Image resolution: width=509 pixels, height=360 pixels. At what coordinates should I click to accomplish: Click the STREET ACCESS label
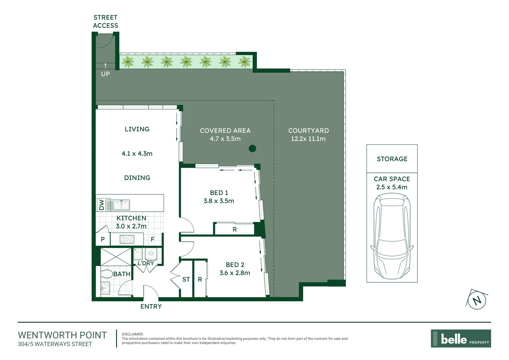pyautogui.click(x=105, y=21)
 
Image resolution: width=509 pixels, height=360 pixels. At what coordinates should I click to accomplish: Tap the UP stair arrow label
pyautogui.click(x=105, y=74)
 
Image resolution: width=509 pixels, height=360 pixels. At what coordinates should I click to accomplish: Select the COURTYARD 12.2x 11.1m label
pyautogui.click(x=308, y=135)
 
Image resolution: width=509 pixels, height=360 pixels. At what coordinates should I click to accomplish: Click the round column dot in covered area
pyautogui.click(x=253, y=148)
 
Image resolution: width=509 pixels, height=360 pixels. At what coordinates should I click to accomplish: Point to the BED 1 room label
pyautogui.click(x=219, y=193)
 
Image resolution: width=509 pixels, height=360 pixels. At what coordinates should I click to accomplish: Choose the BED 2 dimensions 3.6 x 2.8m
pyautogui.click(x=235, y=273)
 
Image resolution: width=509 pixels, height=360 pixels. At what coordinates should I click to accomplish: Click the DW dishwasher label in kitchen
pyautogui.click(x=101, y=205)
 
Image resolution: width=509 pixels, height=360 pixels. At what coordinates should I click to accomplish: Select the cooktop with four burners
pyautogui.click(x=127, y=239)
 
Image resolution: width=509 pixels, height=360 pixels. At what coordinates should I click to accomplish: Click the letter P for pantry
pyautogui.click(x=103, y=239)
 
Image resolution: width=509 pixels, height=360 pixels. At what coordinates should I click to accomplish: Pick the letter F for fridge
pyautogui.click(x=153, y=239)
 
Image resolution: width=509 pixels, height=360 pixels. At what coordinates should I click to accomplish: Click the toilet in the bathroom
pyautogui.click(x=106, y=274)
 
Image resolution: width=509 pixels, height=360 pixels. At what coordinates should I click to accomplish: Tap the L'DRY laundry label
pyautogui.click(x=146, y=263)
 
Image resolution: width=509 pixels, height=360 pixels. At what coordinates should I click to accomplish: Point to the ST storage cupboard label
pyautogui.click(x=186, y=279)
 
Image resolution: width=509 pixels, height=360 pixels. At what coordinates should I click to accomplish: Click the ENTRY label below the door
pyautogui.click(x=151, y=306)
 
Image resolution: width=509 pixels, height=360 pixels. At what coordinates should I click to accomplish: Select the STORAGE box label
pyautogui.click(x=392, y=159)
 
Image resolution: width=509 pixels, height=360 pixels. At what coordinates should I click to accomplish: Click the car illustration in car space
pyautogui.click(x=392, y=237)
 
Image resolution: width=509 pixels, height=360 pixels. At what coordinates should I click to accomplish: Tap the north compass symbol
pyautogui.click(x=477, y=300)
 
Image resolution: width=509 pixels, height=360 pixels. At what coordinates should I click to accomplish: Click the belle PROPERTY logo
pyautogui.click(x=461, y=339)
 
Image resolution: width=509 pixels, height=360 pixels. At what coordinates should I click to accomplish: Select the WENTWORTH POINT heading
pyautogui.click(x=62, y=335)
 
